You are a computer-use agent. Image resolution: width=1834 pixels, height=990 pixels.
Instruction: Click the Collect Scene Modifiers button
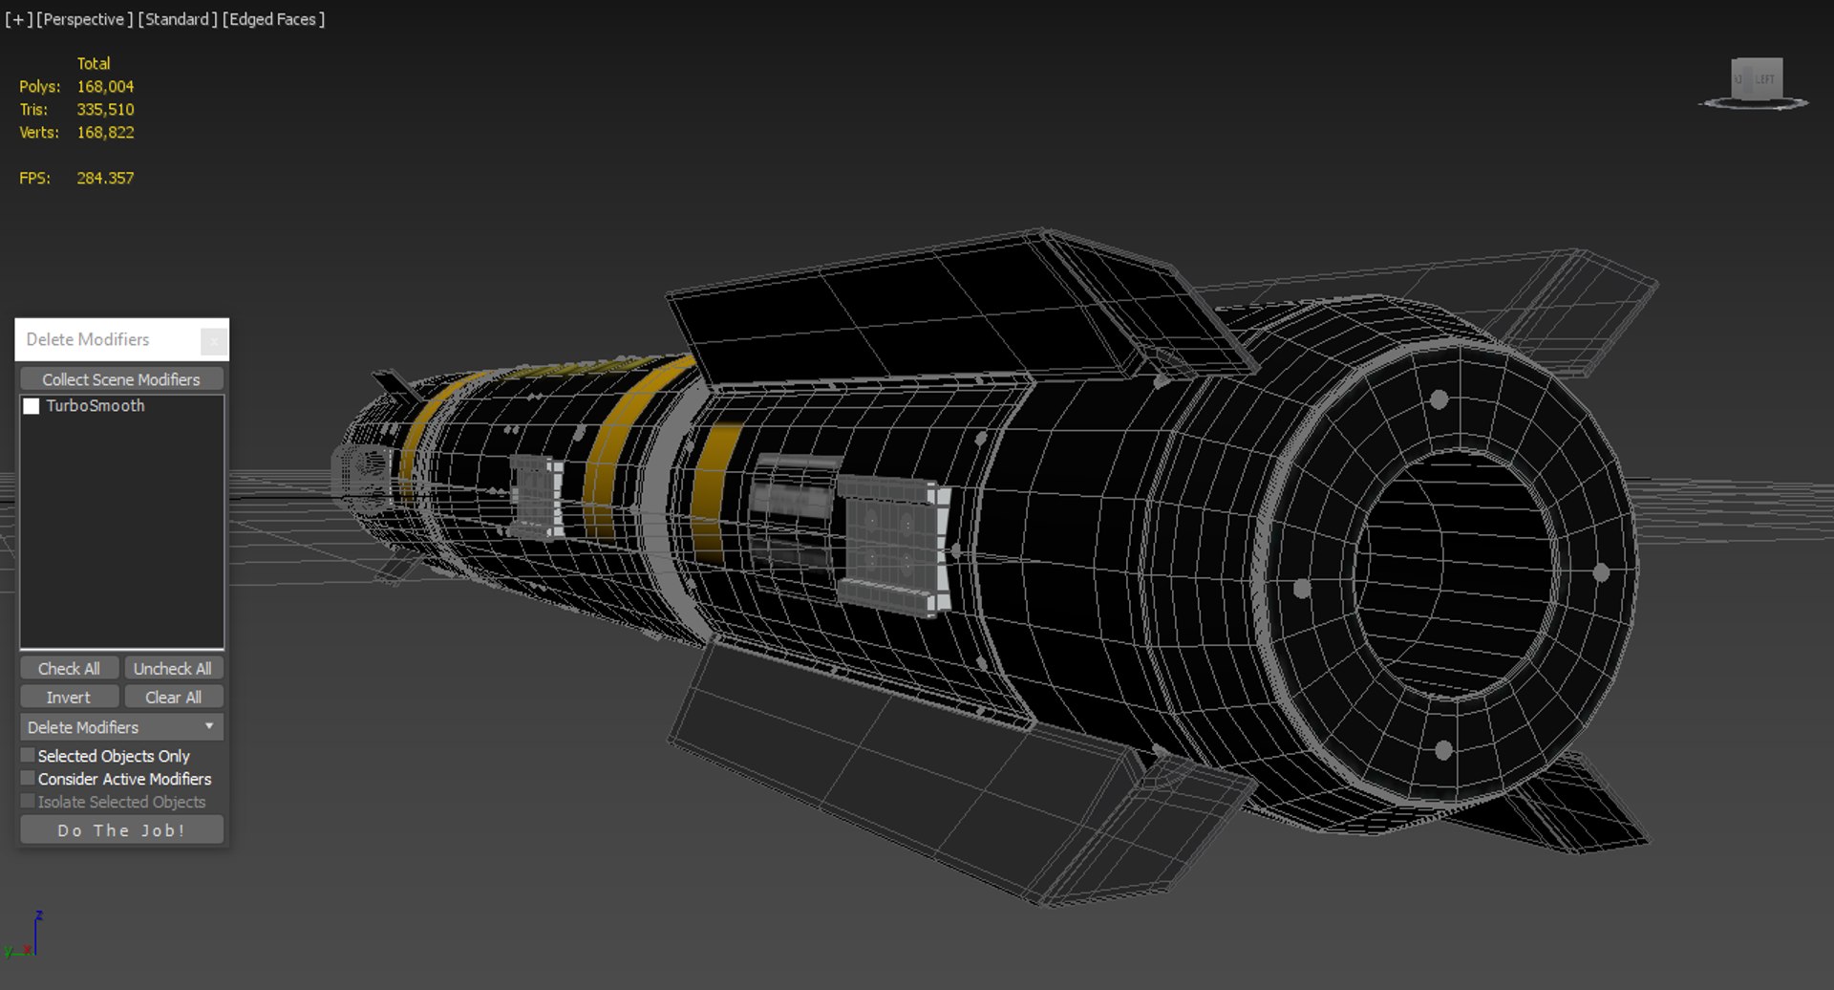click(121, 379)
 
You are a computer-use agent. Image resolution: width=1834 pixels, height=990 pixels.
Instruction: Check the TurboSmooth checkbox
click(32, 406)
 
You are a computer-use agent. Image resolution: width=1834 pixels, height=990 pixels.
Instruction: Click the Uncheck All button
click(172, 668)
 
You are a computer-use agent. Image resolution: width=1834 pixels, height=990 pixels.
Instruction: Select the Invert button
click(69, 697)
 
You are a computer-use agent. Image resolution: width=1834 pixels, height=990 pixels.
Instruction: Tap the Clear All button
click(172, 697)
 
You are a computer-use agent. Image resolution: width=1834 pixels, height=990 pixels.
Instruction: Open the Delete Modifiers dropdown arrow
click(209, 726)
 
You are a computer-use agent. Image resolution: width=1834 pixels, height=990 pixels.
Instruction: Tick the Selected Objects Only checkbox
click(29, 755)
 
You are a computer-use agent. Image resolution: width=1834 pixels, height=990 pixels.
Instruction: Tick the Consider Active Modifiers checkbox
click(29, 778)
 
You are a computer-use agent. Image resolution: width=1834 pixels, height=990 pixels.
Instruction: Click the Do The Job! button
click(121, 829)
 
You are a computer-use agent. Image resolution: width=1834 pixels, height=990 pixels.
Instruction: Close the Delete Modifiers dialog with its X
click(214, 340)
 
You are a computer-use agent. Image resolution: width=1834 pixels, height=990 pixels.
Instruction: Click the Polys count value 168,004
click(105, 86)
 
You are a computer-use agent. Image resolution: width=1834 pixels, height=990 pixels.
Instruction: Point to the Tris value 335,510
click(105, 109)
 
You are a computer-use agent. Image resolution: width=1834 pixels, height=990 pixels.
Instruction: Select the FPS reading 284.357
click(105, 178)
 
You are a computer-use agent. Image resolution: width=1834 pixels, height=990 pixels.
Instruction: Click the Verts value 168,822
click(105, 132)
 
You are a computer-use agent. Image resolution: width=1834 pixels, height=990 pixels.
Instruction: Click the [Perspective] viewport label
click(84, 19)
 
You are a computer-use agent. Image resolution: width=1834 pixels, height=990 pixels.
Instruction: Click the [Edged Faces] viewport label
click(273, 19)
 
